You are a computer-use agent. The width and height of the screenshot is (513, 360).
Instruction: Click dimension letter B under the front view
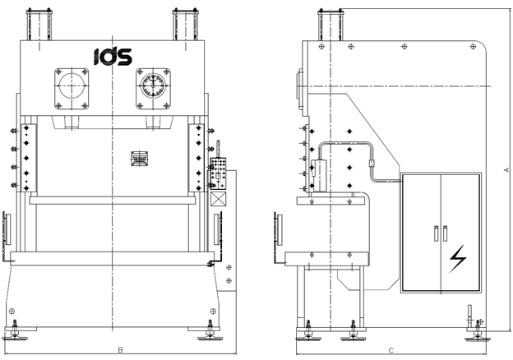click(x=120, y=351)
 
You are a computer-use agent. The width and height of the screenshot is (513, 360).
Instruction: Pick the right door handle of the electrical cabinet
click(x=446, y=233)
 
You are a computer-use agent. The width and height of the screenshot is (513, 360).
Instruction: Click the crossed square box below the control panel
click(x=218, y=199)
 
